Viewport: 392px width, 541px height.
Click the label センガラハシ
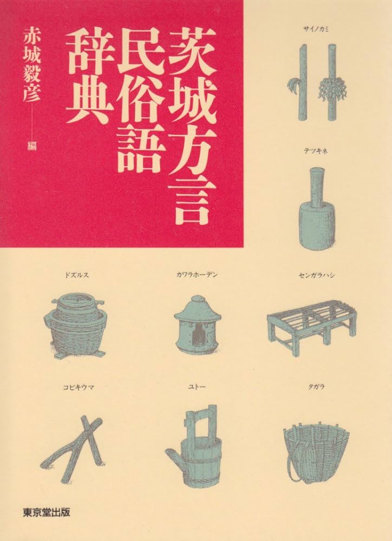(x=317, y=275)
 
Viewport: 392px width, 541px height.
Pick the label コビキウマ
(x=79, y=387)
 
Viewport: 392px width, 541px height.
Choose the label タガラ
(x=316, y=387)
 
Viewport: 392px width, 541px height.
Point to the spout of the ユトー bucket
(x=173, y=454)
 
